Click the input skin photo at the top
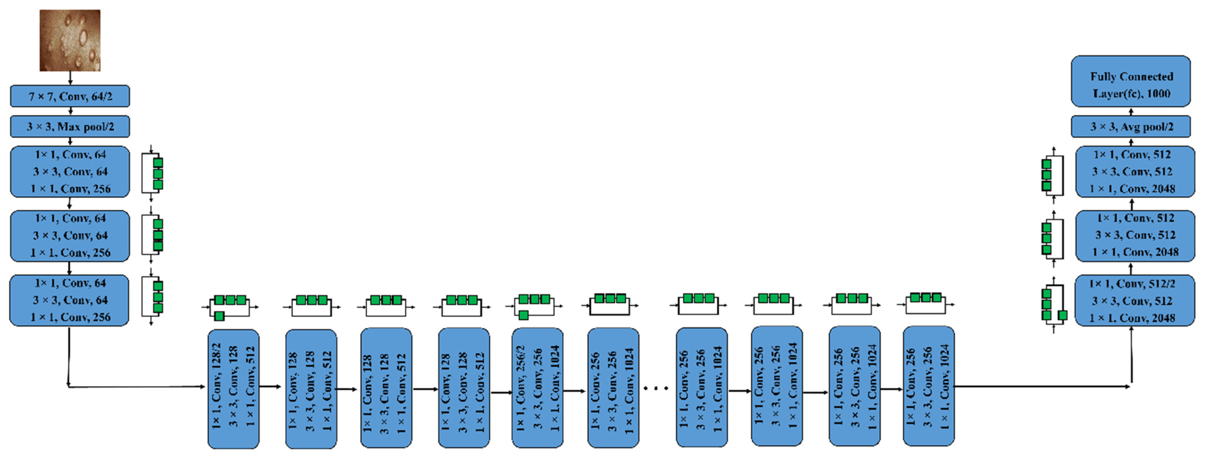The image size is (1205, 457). pos(70,40)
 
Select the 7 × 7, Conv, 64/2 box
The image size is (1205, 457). pos(70,96)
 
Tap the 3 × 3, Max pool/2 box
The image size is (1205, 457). pos(70,127)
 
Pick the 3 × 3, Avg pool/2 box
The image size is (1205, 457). pos(1131,127)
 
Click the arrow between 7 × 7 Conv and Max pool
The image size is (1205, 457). pos(70,111)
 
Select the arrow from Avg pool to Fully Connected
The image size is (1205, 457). pos(1131,111)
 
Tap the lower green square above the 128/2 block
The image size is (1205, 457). pos(219,316)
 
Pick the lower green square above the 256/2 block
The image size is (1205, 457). pos(524,315)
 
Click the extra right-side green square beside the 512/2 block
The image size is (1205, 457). pos(1062,315)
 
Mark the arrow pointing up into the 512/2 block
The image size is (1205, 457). pos(1131,356)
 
